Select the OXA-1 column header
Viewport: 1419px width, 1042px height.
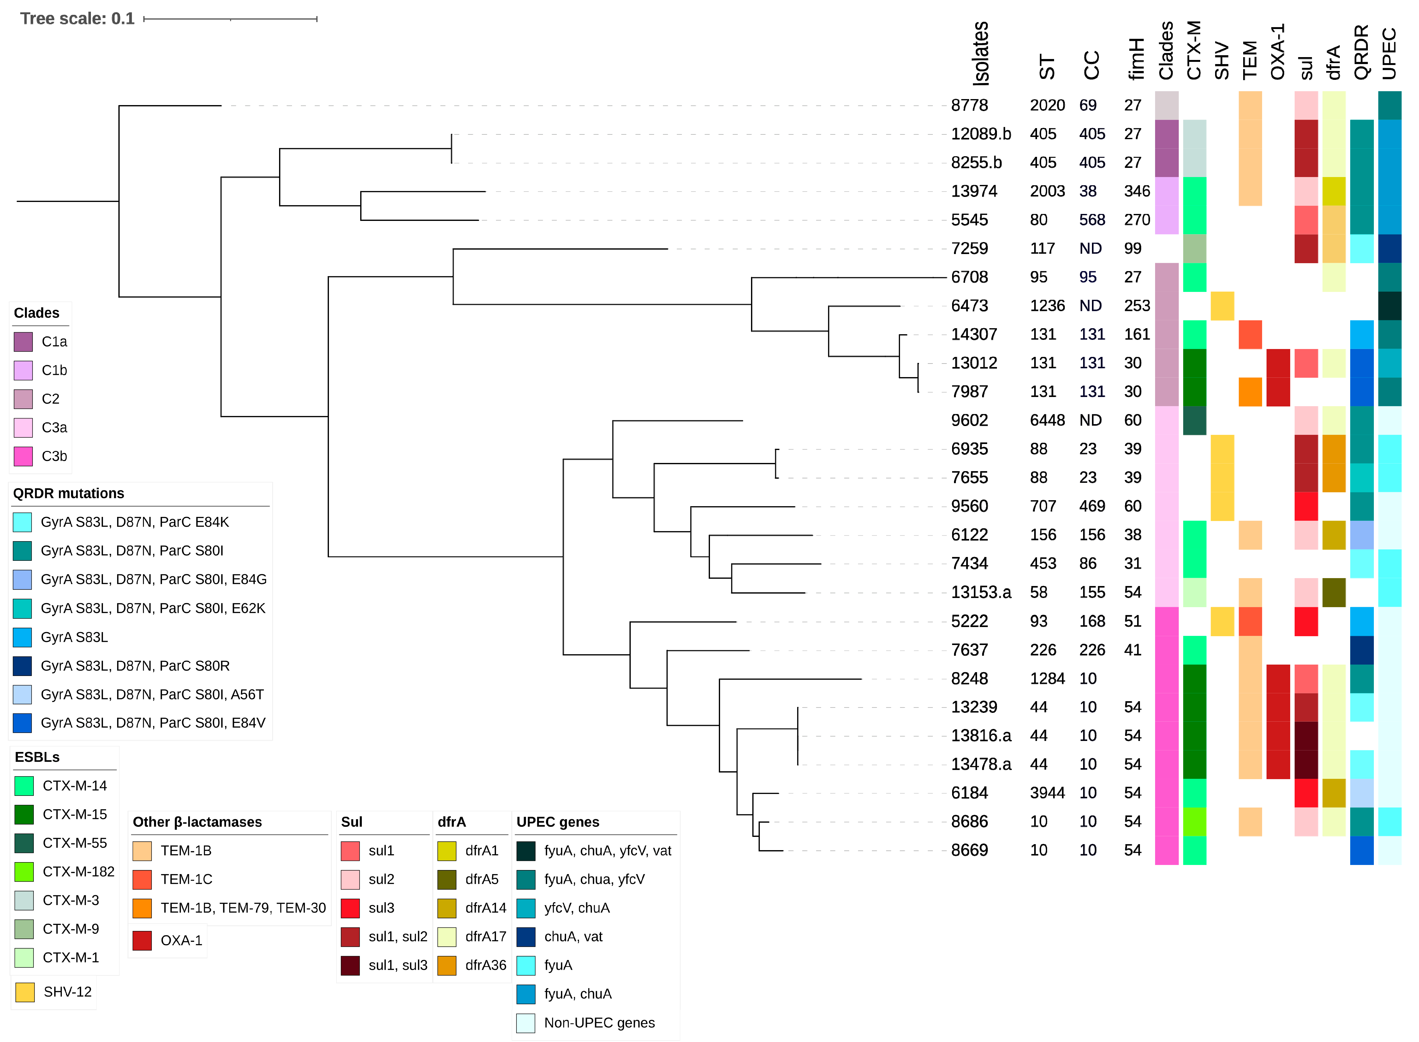[1278, 52]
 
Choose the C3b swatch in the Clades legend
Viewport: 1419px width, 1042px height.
[23, 456]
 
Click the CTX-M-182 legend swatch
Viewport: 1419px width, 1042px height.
[24, 872]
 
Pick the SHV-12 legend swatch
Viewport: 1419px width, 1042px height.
[25, 992]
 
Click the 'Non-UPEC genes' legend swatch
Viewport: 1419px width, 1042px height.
[526, 1023]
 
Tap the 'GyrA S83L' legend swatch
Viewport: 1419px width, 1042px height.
[23, 637]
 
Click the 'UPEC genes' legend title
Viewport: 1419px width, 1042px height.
[558, 822]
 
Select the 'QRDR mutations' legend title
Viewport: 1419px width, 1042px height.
[69, 493]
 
